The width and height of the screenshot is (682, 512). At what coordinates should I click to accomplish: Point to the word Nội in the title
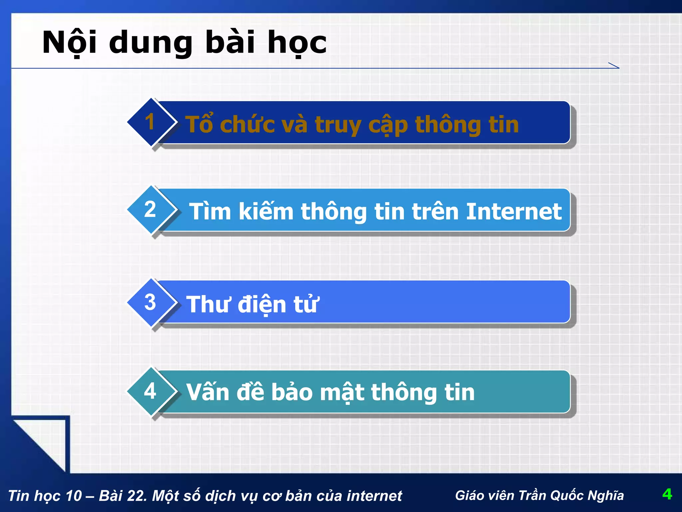pyautogui.click(x=70, y=43)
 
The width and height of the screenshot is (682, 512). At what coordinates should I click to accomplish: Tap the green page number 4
pyautogui.click(x=667, y=494)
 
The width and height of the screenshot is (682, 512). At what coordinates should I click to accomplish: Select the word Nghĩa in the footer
pyautogui.click(x=606, y=495)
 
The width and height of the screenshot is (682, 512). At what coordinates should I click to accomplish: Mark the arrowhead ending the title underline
pyautogui.click(x=614, y=66)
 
